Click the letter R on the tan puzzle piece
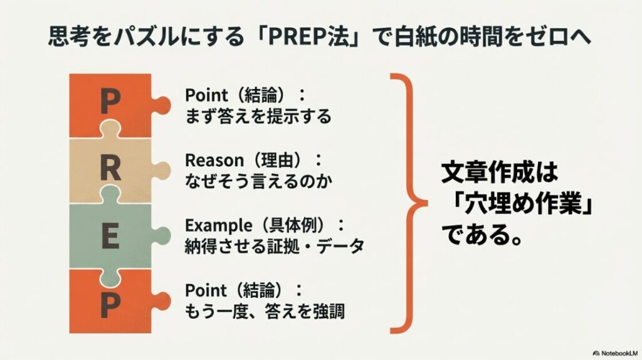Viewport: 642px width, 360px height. (x=110, y=168)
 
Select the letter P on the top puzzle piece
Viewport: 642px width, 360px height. (x=110, y=102)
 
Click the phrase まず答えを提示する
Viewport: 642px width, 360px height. (x=258, y=116)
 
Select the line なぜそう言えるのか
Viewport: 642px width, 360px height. (x=258, y=182)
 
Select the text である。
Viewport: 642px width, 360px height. (x=483, y=235)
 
